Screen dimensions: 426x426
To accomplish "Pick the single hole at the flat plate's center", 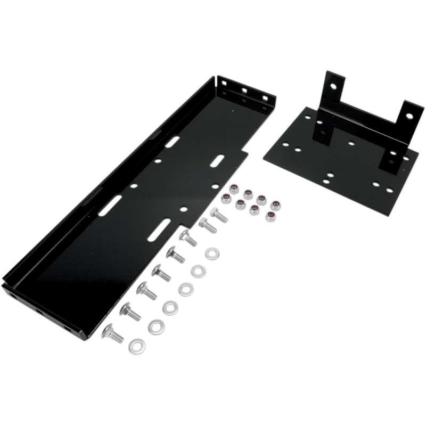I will click(x=350, y=143).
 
